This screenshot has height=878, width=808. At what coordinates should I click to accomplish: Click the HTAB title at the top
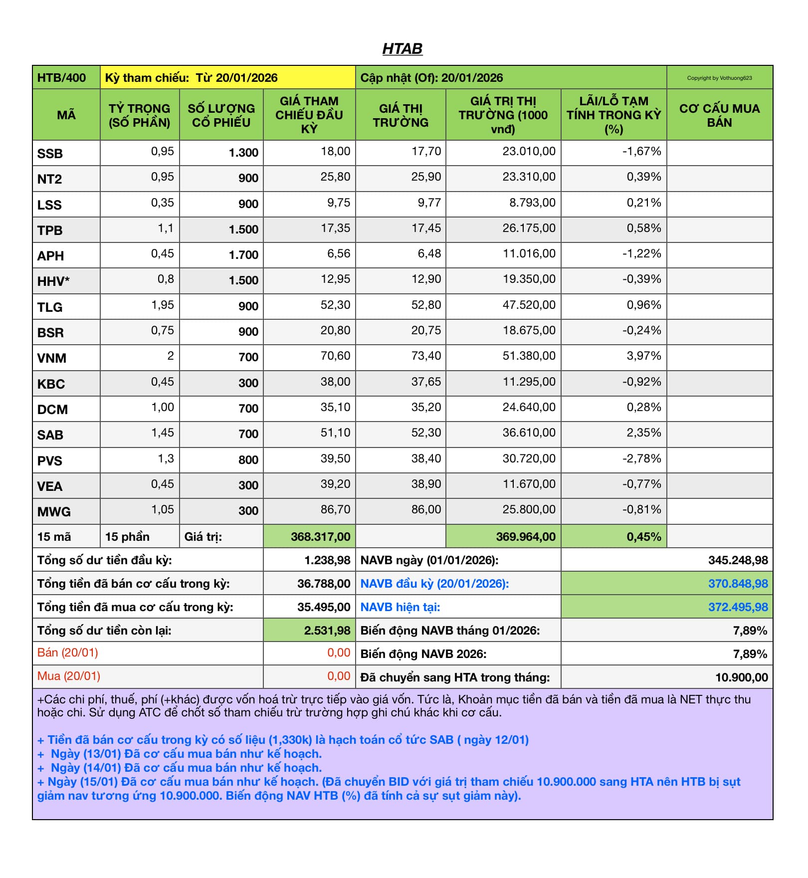point(402,48)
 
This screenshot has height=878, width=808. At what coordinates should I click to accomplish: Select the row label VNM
point(52,358)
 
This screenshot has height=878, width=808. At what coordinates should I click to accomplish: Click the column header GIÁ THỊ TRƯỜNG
point(401,115)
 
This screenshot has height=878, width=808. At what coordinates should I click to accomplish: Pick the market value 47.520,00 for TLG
point(529,305)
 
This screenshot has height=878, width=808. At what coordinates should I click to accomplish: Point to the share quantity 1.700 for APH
point(243,255)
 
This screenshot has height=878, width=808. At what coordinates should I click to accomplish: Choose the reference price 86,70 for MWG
point(335,509)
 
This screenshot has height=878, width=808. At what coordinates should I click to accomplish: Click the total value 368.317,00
point(321,537)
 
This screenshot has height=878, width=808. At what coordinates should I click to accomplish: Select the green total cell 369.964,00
point(526,537)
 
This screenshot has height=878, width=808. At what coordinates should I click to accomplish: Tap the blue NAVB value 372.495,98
point(738,607)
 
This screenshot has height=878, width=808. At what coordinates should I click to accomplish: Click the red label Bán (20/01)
point(68,653)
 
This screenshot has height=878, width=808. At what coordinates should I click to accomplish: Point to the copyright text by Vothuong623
point(719,78)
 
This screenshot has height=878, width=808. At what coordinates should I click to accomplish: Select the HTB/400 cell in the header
point(61,78)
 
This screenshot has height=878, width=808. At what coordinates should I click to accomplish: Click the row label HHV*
point(53,281)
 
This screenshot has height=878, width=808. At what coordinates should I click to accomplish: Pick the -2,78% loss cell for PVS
point(641,458)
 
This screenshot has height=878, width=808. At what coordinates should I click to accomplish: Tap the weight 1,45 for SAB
point(163,433)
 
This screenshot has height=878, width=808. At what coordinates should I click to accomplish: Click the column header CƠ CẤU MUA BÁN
point(719,115)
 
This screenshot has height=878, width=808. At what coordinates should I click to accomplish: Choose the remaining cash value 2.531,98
point(327,631)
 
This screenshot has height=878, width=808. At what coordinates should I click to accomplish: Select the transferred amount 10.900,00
point(741,677)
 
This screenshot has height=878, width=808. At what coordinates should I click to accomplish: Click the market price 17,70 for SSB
point(426,151)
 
